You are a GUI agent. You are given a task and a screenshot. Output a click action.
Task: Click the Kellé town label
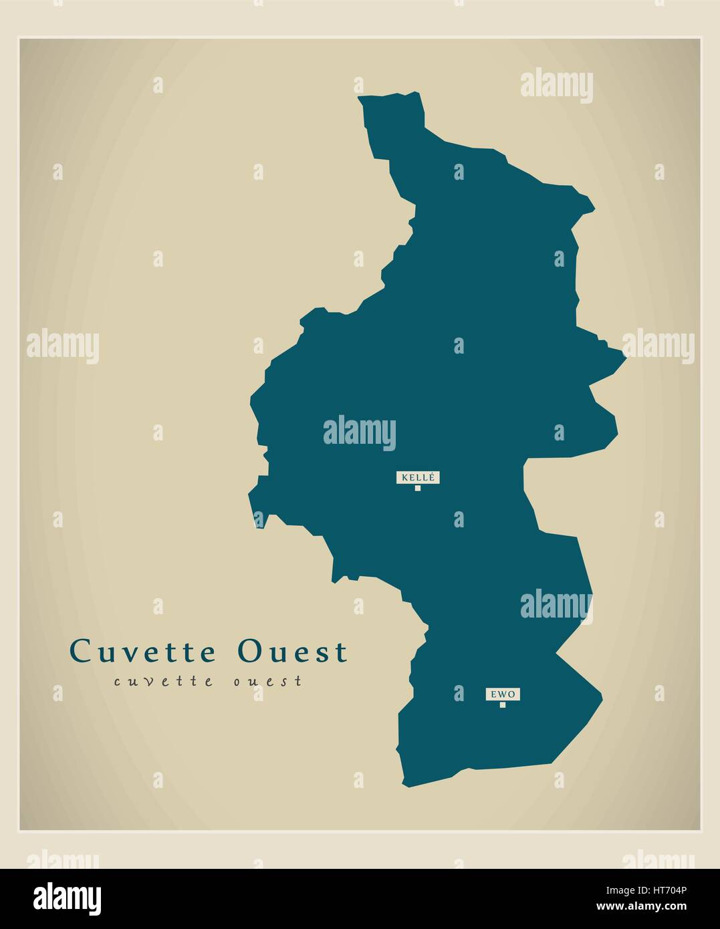pos(418,477)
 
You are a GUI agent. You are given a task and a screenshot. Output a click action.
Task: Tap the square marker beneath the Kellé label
pos(418,488)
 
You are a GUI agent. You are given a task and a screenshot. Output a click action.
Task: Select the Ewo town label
pos(503,694)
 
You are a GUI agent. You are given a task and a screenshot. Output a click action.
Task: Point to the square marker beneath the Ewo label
pos(503,704)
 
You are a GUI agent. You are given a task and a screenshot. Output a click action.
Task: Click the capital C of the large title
pos(82,652)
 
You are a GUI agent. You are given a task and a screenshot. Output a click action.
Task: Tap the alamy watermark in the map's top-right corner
pos(556,86)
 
